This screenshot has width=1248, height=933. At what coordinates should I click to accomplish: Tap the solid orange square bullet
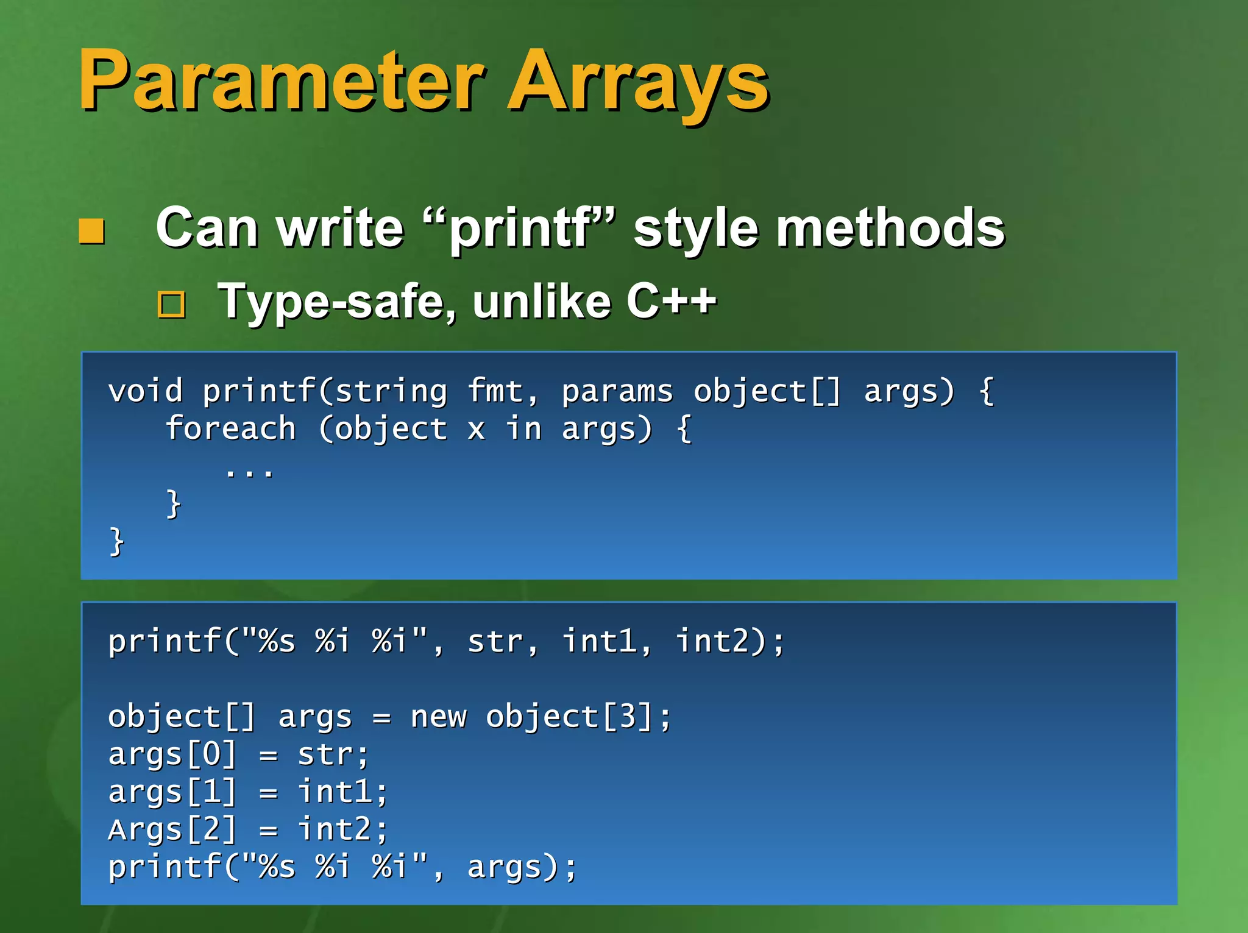pyautogui.click(x=92, y=231)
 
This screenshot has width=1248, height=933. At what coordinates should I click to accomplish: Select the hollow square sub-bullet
pyautogui.click(x=171, y=304)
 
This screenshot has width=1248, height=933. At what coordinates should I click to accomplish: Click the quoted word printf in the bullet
pyautogui.click(x=521, y=229)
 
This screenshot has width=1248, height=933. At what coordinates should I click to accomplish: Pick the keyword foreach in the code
pyautogui.click(x=230, y=428)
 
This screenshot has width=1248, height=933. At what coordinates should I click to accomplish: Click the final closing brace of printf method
pyautogui.click(x=116, y=542)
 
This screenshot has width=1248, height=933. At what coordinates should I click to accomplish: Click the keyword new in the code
pyautogui.click(x=438, y=717)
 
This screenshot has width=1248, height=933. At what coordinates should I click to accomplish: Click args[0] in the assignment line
pyautogui.click(x=172, y=754)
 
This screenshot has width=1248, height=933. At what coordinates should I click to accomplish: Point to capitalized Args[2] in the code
pyautogui.click(x=172, y=830)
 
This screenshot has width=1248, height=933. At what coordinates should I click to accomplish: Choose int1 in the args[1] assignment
pyautogui.click(x=335, y=792)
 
